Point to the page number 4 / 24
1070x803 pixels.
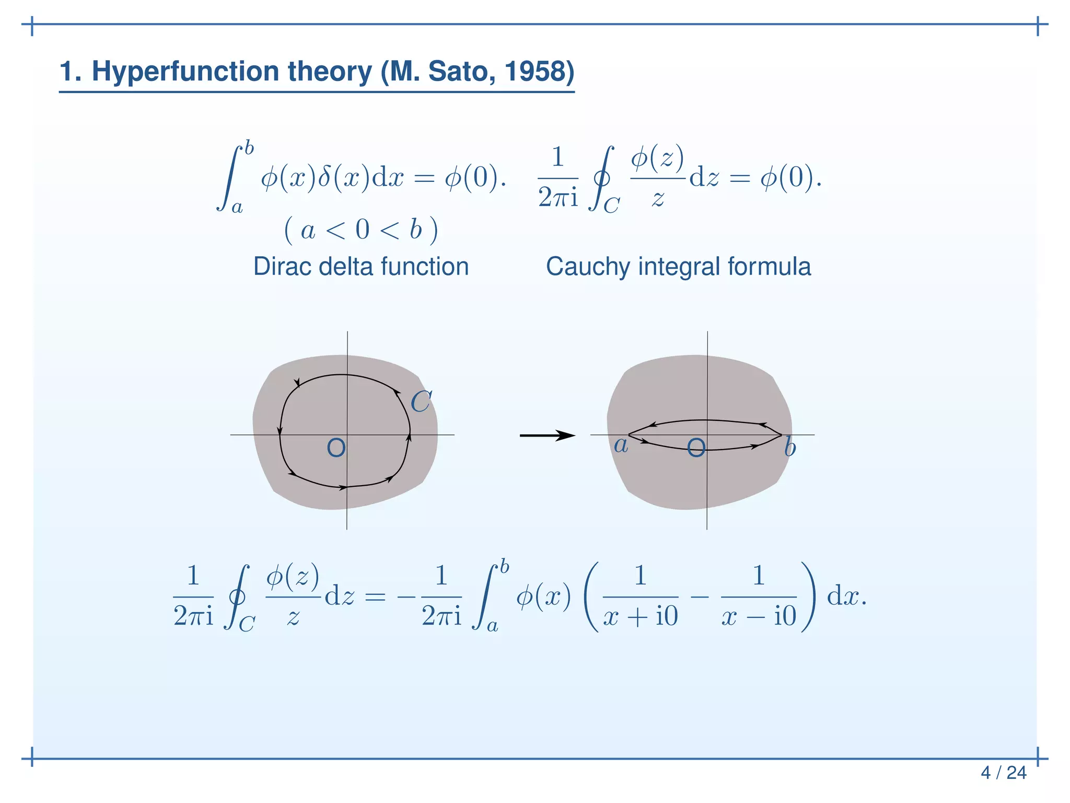1003,773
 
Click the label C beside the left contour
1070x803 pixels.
421,402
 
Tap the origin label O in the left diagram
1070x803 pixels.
336,448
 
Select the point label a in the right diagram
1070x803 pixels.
621,445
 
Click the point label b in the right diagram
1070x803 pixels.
790,448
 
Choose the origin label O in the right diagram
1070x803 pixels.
696,448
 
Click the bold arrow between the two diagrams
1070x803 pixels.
547,435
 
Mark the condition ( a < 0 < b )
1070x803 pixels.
361,230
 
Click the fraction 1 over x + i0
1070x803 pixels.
641,596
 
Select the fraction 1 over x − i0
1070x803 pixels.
759,596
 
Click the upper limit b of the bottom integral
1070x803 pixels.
504,567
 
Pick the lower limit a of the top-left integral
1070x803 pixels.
237,208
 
